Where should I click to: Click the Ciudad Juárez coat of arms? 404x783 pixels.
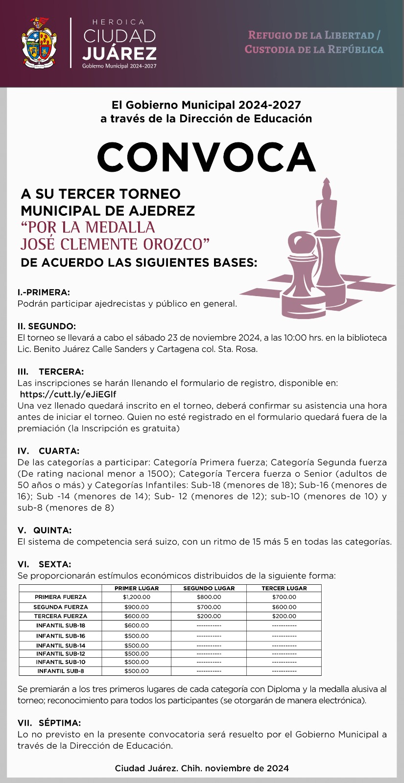[39, 43]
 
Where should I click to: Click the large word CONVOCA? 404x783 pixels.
[206, 157]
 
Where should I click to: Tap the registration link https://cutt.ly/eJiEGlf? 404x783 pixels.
[68, 394]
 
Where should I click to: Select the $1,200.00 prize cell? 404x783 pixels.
[136, 597]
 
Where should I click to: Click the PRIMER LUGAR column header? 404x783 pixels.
[136, 588]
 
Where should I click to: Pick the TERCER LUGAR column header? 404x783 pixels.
[284, 588]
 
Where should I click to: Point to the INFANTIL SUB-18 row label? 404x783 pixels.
[61, 625]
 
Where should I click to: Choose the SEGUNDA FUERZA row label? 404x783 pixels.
[61, 607]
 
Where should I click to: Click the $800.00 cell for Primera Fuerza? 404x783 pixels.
[209, 597]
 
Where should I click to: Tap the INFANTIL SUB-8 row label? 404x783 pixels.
[61, 671]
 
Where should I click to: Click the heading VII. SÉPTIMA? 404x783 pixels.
[49, 723]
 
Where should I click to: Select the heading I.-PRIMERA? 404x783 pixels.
[44, 293]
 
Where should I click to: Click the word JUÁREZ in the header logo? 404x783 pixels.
[119, 53]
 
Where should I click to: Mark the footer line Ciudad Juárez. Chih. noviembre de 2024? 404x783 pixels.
[202, 768]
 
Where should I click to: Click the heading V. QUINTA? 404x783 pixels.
[45, 530]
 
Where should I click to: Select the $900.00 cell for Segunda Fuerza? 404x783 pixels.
[136, 607]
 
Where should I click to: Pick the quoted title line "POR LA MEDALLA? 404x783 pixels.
[88, 228]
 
